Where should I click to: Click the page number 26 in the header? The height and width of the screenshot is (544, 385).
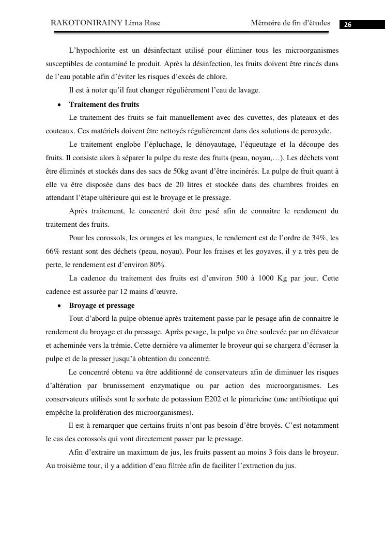pos(348,25)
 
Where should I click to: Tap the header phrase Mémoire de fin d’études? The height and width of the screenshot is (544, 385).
pos(290,23)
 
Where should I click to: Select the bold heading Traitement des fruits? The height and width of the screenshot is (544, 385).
pos(104,104)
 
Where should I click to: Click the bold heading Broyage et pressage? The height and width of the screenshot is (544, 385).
pos(102,305)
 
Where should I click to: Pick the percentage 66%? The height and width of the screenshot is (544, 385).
pos(53,252)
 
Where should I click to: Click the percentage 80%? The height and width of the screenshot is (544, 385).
pos(157,265)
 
